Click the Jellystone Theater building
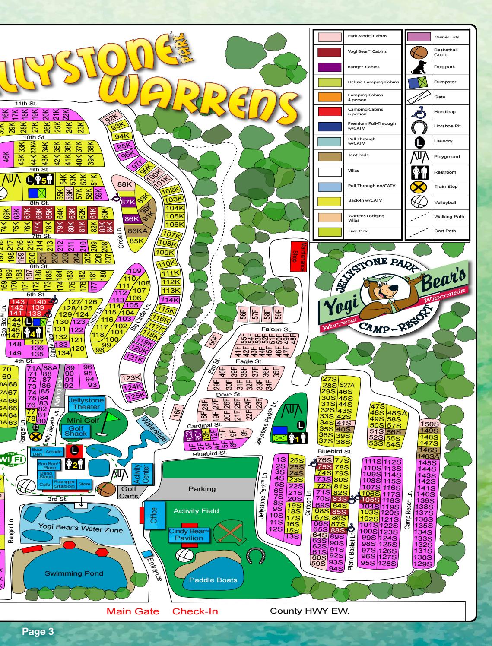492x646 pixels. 86,404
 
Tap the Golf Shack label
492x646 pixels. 76,431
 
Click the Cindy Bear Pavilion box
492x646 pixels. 189,535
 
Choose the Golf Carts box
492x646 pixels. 129,492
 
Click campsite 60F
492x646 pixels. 213,340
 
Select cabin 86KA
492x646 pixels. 135,231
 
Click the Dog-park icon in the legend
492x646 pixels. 418,66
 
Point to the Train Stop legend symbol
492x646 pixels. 418,187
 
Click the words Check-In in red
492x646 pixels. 195,611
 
